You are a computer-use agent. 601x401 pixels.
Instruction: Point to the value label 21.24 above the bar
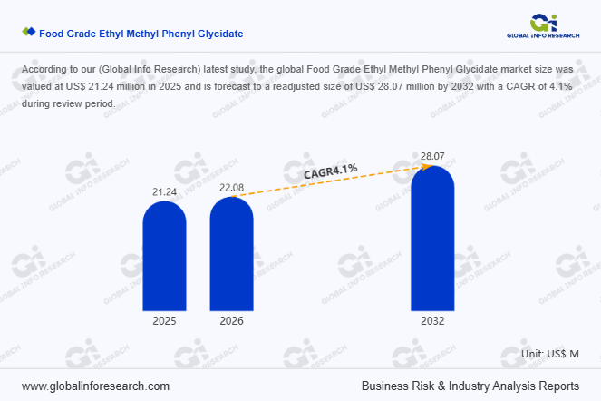[x=164, y=192]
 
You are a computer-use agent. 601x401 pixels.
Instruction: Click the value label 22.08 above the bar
[x=232, y=188]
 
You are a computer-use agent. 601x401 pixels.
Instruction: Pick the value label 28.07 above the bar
[x=432, y=157]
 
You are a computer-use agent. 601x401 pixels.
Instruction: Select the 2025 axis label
[x=164, y=321]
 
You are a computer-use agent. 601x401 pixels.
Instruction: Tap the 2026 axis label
[x=232, y=321]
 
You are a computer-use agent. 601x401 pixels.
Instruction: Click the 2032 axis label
[x=432, y=321]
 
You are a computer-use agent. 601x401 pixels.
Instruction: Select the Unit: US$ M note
[x=550, y=352]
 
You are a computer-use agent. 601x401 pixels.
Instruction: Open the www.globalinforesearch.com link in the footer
[x=95, y=386]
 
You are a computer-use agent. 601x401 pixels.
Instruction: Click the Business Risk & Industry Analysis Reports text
[x=470, y=386]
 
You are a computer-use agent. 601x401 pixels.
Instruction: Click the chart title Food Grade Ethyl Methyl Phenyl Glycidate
[x=141, y=34]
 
